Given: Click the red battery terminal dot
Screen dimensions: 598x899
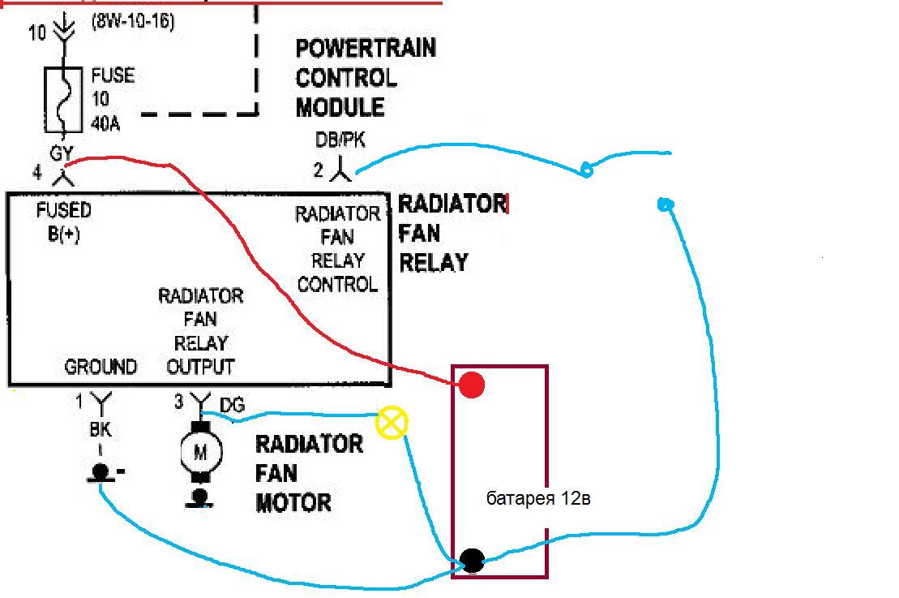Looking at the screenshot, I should (471, 385).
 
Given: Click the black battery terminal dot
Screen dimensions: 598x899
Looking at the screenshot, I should (472, 560).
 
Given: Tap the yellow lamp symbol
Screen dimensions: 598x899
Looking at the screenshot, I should (392, 423).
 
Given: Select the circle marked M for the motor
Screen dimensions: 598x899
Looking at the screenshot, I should (199, 452).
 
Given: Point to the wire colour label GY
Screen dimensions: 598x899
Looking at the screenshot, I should (62, 153).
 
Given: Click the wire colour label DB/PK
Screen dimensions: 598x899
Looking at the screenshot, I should (340, 140).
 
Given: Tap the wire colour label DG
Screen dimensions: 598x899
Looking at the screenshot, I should (232, 404).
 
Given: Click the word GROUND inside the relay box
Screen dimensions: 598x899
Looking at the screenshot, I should (101, 367).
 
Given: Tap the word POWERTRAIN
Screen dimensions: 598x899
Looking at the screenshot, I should (366, 48).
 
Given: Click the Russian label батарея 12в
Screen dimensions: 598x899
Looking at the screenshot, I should (538, 498).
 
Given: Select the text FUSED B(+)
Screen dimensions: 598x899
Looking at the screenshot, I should (64, 222).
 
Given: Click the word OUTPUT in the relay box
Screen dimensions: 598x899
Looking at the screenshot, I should (200, 367).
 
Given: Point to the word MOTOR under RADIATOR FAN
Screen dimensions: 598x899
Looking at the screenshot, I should (293, 502).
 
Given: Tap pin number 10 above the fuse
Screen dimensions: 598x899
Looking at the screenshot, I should (37, 33).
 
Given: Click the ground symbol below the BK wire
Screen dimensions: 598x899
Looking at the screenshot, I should (101, 473).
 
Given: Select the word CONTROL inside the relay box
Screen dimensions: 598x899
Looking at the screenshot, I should (337, 284).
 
